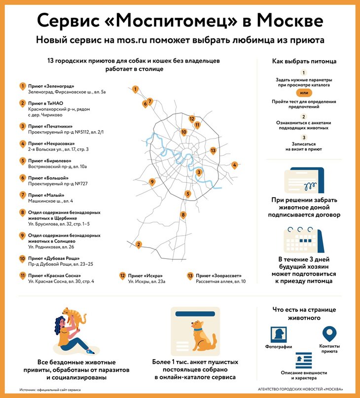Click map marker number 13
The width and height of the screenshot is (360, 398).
(x=213, y=150)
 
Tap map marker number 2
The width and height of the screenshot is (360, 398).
(x=139, y=244)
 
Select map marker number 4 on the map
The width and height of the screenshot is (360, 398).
(x=235, y=165)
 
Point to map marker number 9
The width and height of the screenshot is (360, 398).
(x=152, y=181)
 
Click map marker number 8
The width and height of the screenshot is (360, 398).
(x=183, y=215)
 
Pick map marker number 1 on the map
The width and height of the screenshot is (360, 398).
(x=135, y=89)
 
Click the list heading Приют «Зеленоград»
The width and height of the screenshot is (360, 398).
(x=51, y=86)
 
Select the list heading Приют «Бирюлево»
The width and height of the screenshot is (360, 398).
(x=50, y=161)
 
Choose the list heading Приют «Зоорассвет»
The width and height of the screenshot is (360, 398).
(x=217, y=276)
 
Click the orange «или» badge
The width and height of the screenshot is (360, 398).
(x=304, y=93)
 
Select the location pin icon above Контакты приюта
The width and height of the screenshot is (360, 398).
(x=329, y=333)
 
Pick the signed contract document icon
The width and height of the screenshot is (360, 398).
(x=304, y=182)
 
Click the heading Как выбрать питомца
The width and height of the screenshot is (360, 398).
(x=304, y=62)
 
